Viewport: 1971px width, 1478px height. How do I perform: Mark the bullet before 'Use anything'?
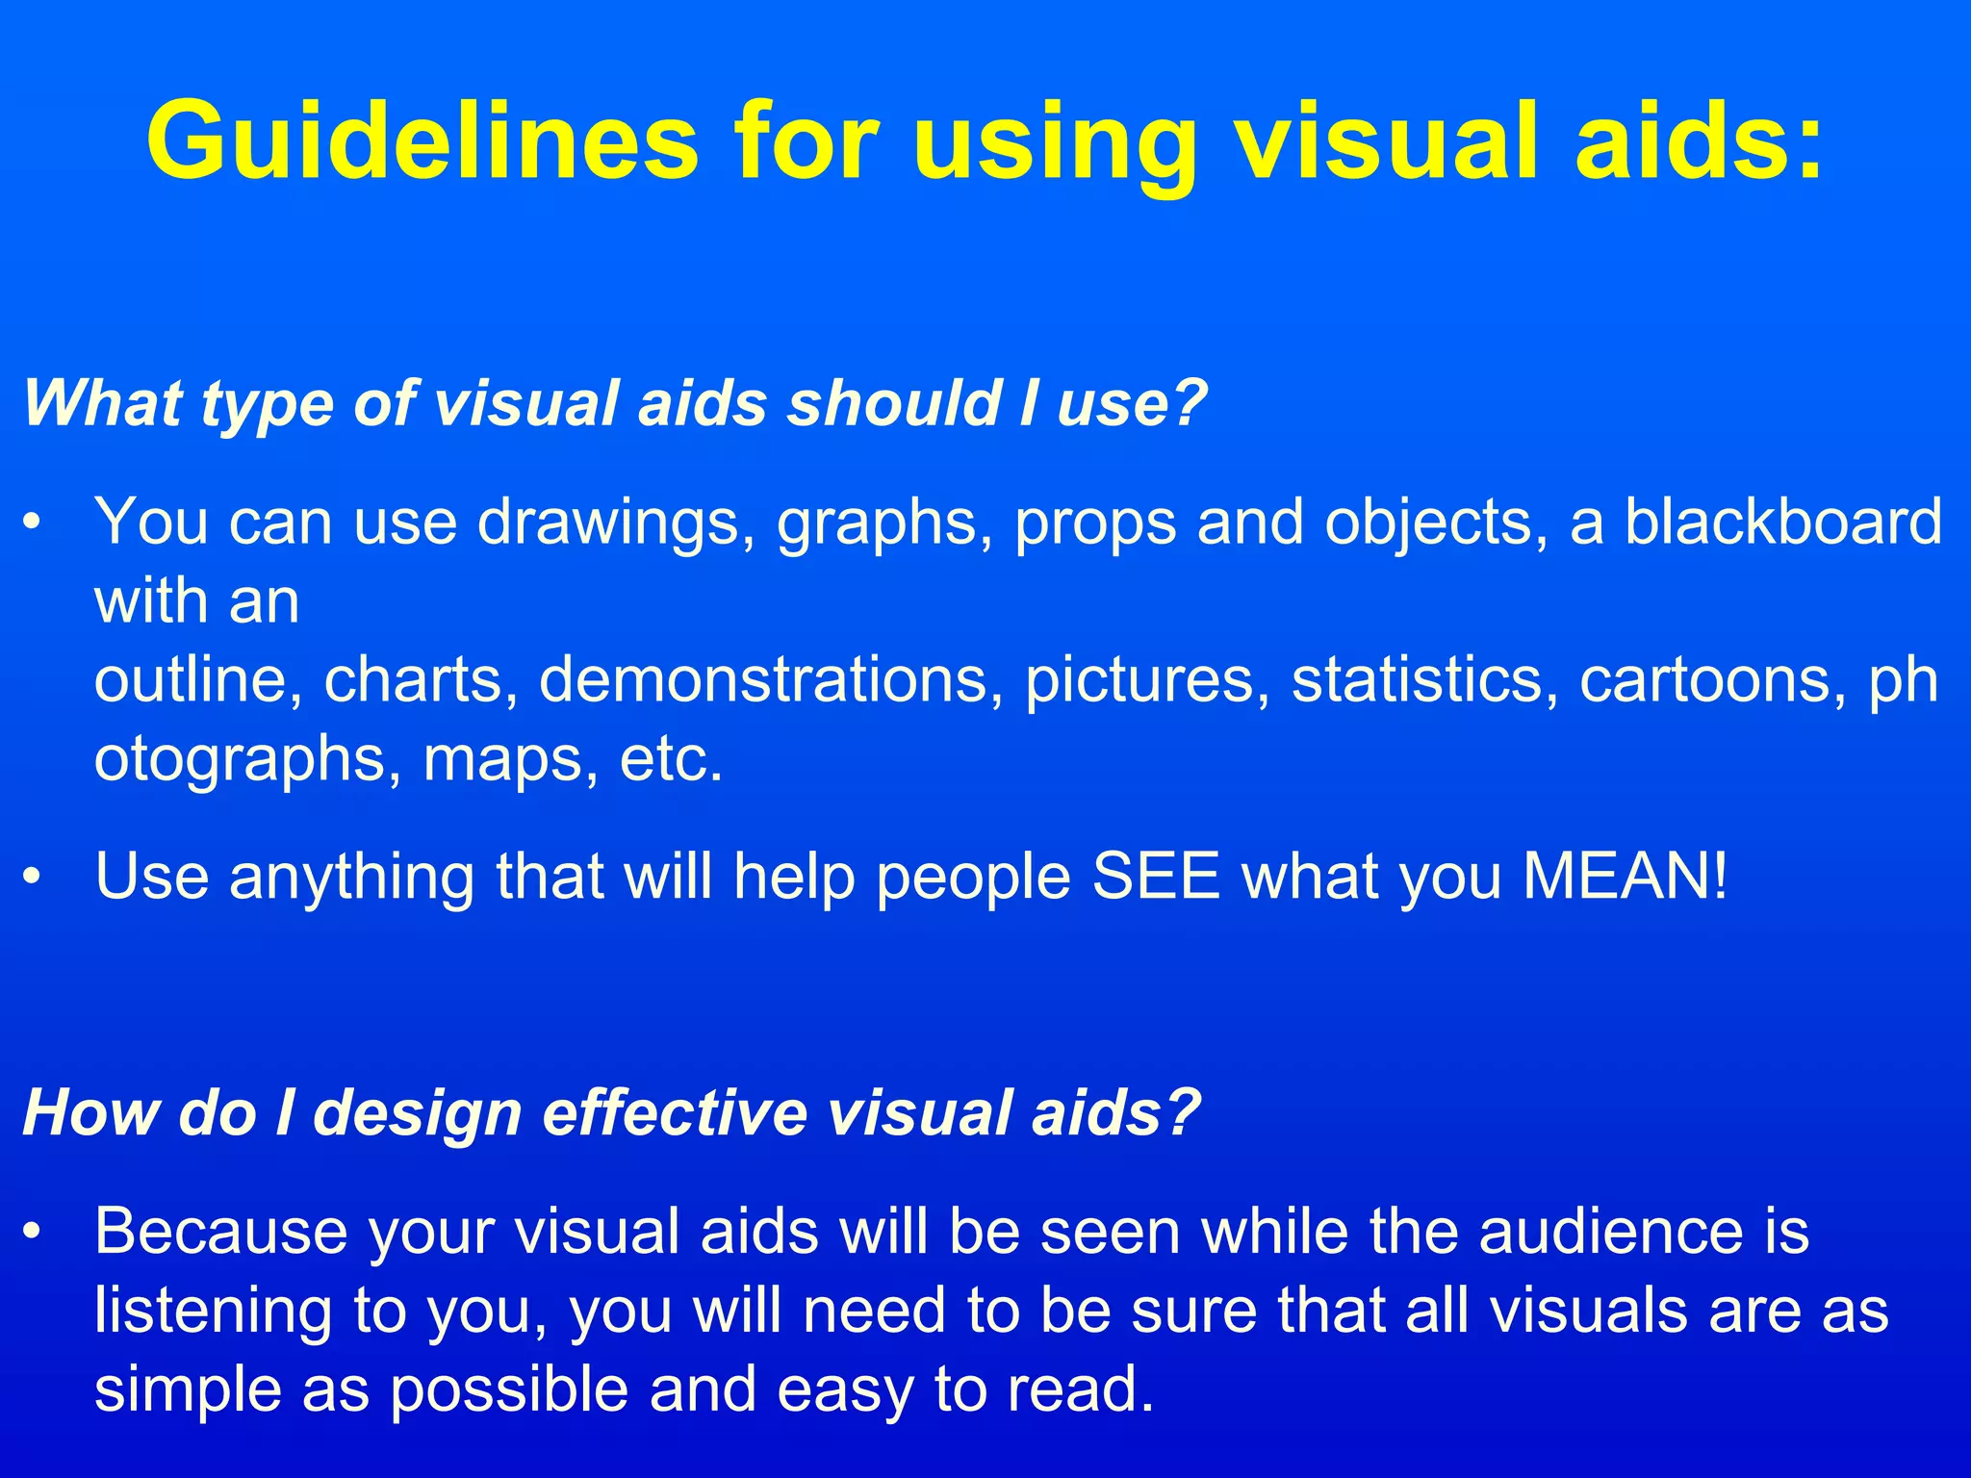coord(34,879)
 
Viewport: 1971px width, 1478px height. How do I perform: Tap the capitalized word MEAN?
coord(1625,877)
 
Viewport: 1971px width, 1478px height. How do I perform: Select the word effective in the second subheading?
coord(675,1113)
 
